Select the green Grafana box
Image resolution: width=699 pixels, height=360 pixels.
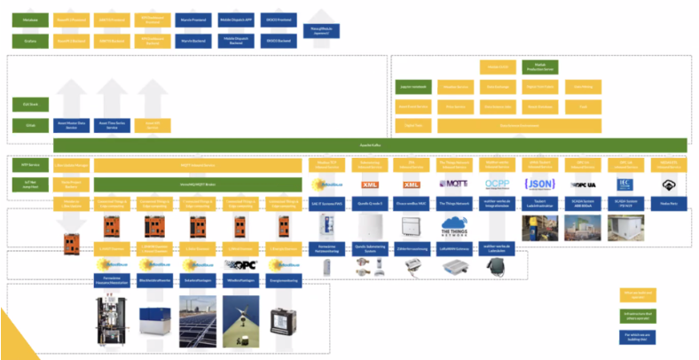(x=30, y=41)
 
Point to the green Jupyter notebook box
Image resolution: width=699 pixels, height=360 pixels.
(x=413, y=87)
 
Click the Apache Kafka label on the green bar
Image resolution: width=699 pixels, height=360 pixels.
(x=372, y=144)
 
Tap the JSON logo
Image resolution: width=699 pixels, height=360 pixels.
(x=540, y=184)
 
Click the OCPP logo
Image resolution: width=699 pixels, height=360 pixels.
(x=497, y=184)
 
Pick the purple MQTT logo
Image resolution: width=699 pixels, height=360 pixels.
(x=454, y=184)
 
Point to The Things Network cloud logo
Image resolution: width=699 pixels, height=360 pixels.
(x=454, y=228)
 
